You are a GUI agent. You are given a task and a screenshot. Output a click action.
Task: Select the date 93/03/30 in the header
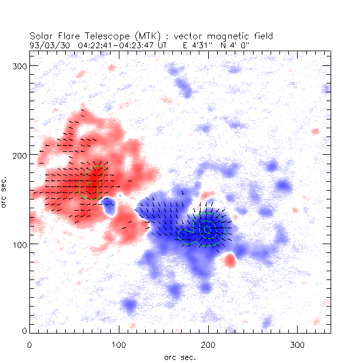coord(49,44)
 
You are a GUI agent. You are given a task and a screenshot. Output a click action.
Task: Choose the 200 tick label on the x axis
coord(208,344)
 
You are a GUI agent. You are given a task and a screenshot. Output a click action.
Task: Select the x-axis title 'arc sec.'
coord(181,357)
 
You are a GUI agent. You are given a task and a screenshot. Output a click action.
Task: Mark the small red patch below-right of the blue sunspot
coord(231,259)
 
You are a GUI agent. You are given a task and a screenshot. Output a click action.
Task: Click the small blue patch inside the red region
coord(108,205)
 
